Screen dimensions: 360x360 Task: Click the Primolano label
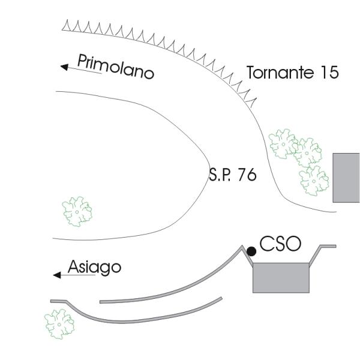pyautogui.click(x=115, y=66)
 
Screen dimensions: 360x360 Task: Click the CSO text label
pyautogui.click(x=280, y=244)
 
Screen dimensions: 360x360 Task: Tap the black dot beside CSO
pyautogui.click(x=251, y=251)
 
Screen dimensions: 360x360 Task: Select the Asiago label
pyautogui.click(x=94, y=267)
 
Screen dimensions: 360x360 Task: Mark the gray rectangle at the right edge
pyautogui.click(x=346, y=178)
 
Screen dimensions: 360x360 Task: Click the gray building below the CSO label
pyautogui.click(x=281, y=277)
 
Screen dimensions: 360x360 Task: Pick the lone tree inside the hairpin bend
pyautogui.click(x=77, y=211)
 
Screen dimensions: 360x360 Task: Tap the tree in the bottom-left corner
pyautogui.click(x=59, y=323)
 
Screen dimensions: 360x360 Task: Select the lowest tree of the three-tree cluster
pyautogui.click(x=314, y=180)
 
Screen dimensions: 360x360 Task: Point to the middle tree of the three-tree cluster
pyautogui.click(x=307, y=152)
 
